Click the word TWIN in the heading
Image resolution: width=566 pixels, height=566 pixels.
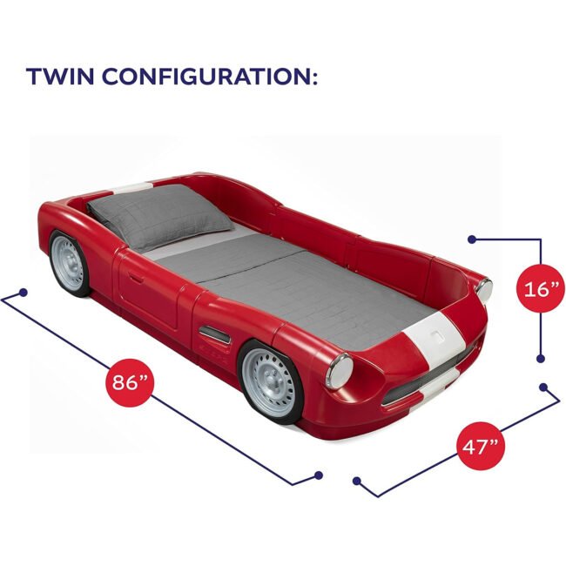point(60,76)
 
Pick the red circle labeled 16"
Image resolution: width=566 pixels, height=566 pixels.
point(542,288)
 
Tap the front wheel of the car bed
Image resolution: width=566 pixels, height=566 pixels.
point(270,382)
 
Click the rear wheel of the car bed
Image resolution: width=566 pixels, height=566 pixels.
point(70,263)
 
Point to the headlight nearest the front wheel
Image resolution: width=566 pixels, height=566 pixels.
point(339,371)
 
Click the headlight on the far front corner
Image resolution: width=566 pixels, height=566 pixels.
point(483,289)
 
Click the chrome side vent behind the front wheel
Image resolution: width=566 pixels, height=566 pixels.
point(214,334)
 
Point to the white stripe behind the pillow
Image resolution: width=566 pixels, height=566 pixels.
point(131,188)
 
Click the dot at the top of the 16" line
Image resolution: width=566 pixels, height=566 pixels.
point(472,239)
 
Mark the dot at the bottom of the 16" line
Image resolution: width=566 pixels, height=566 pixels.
point(541,359)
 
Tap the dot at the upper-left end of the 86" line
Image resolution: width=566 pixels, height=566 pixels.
point(24,293)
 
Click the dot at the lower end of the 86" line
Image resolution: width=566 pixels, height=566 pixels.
point(318,475)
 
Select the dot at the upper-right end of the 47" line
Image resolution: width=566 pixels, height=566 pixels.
point(543,387)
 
